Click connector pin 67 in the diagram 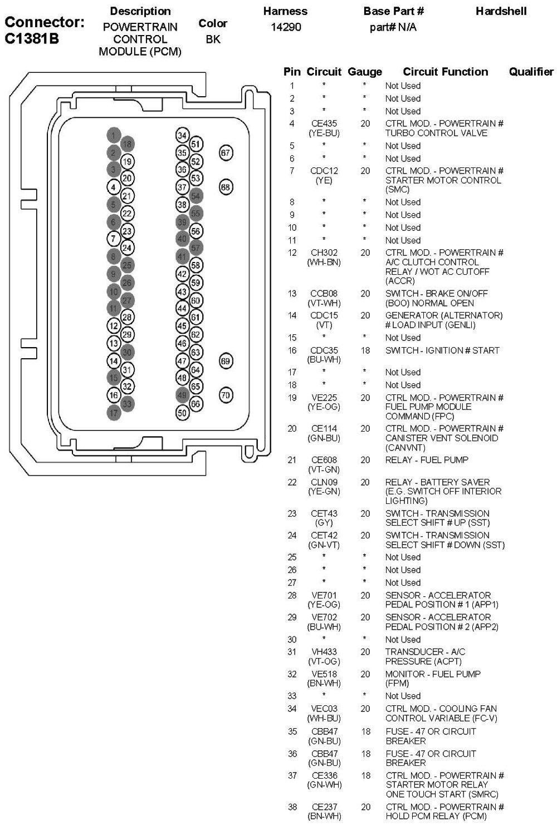(x=225, y=153)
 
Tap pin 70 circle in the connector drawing (x=225, y=395)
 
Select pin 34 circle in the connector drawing (x=182, y=135)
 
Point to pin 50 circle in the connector (x=182, y=413)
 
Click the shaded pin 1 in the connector (x=114, y=135)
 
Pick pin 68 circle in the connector (x=225, y=187)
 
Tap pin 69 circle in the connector (x=225, y=361)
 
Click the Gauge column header (x=365, y=72)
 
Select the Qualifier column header (x=531, y=72)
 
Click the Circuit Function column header (x=445, y=72)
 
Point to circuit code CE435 (x=324, y=123)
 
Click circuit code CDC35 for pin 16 (x=324, y=350)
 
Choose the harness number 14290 (x=286, y=27)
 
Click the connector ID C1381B (x=32, y=39)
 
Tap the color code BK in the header (x=213, y=39)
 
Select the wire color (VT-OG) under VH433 (x=324, y=661)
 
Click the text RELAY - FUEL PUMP (x=427, y=460)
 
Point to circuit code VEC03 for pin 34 (x=324, y=709)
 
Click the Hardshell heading (x=501, y=11)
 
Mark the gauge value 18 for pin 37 (x=365, y=775)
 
